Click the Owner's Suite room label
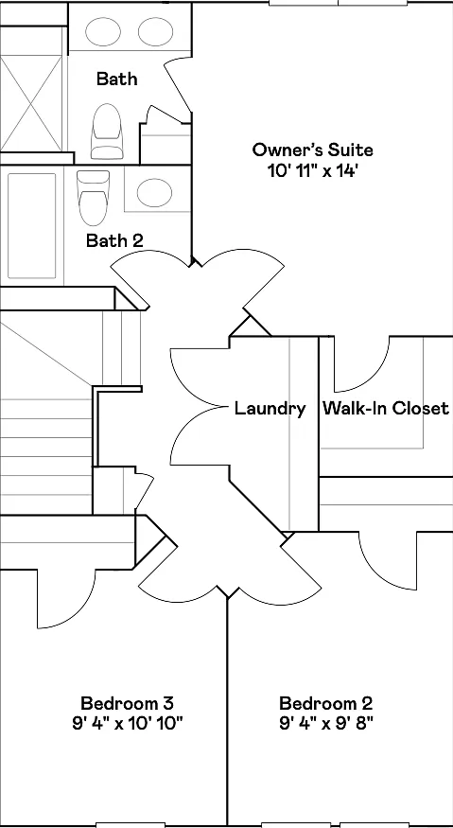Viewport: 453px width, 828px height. click(x=312, y=150)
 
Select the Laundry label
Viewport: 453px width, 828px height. click(x=270, y=408)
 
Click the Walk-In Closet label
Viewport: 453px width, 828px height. click(x=386, y=408)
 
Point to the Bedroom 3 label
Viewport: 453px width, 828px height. click(x=128, y=703)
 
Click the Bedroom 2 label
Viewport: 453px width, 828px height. click(x=325, y=703)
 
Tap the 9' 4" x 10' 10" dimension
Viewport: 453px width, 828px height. click(x=128, y=723)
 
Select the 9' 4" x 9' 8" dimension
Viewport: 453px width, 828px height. click(x=325, y=723)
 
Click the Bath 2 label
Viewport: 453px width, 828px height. click(x=114, y=241)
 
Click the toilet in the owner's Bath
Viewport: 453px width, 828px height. click(x=106, y=131)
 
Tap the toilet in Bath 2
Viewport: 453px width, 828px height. click(x=93, y=197)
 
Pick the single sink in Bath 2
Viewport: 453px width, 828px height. click(x=154, y=192)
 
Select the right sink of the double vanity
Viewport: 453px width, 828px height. click(x=156, y=31)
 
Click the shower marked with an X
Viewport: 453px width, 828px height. click(x=31, y=103)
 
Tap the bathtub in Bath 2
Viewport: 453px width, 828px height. click(x=31, y=225)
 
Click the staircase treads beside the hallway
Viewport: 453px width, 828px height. click(x=46, y=449)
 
